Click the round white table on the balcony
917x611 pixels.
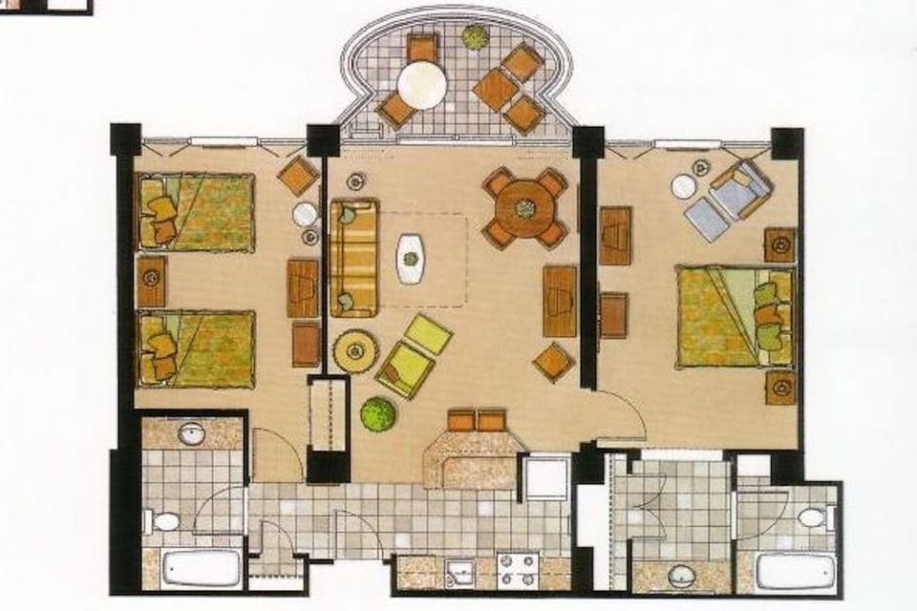click(422, 84)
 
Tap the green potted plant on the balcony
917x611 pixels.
click(475, 37)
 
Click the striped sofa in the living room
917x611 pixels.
click(354, 258)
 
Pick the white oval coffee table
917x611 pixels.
click(411, 258)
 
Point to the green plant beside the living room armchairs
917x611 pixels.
click(378, 413)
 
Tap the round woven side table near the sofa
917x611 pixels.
click(356, 351)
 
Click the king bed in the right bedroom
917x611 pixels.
click(735, 317)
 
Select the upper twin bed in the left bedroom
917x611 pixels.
click(197, 211)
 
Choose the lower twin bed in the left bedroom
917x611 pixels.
click(197, 348)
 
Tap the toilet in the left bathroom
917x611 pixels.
click(164, 521)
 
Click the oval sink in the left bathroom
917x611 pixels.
click(191, 434)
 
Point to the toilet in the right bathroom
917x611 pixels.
click(811, 518)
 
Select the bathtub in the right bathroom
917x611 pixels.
click(795, 572)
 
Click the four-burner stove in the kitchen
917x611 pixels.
click(517, 569)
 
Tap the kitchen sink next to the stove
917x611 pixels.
click(459, 572)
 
